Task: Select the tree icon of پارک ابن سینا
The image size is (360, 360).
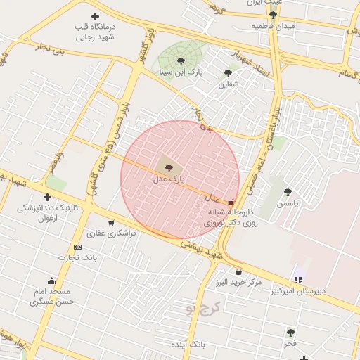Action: tap(181, 61)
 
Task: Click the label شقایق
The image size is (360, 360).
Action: tap(228, 84)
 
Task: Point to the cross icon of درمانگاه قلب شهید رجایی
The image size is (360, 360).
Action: tap(95, 15)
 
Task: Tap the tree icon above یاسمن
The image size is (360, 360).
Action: tap(287, 192)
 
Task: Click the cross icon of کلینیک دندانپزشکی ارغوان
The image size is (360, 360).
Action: tap(47, 197)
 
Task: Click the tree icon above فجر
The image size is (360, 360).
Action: tap(290, 332)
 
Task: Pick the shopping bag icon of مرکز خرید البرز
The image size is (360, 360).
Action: tap(239, 272)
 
